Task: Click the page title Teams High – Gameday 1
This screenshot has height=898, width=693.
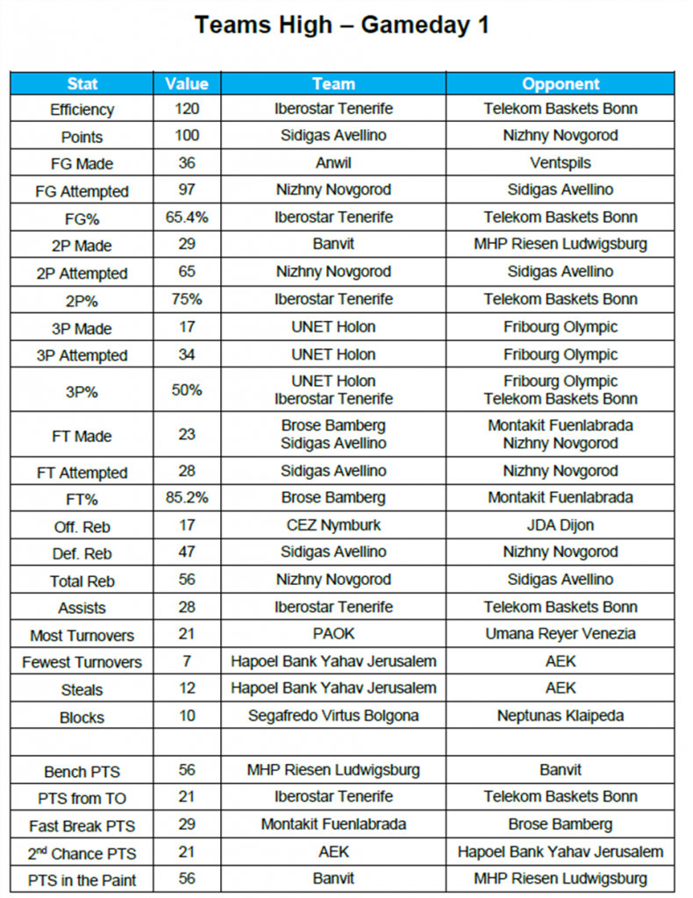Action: [x=341, y=25]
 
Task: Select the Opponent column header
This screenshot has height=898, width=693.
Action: [x=561, y=84]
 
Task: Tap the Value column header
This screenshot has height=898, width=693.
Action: [x=187, y=84]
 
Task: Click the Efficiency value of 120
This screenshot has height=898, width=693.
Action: [x=187, y=109]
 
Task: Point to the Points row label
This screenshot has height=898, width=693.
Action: [x=82, y=137]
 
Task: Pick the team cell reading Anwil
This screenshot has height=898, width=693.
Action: [x=333, y=163]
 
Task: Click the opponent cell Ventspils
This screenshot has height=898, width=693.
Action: [x=561, y=163]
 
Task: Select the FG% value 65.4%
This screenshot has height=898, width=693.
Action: [x=187, y=217]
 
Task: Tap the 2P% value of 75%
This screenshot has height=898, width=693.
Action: [x=187, y=299]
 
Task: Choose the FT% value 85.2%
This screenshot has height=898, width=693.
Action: [x=187, y=497]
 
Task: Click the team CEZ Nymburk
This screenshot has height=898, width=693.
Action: [x=333, y=525]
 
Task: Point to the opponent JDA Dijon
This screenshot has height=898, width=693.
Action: [x=561, y=525]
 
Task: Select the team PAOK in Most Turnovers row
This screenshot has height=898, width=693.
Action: [x=333, y=633]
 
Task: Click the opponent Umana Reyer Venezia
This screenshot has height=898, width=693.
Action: [x=561, y=633]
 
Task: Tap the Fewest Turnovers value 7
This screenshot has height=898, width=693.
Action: [x=187, y=661]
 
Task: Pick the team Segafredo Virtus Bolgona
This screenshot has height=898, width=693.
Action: [x=333, y=716]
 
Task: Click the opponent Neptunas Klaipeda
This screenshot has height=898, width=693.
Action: [x=561, y=716]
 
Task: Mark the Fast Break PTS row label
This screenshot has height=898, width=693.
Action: [x=82, y=826]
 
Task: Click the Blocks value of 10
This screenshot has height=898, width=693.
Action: [x=187, y=716]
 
